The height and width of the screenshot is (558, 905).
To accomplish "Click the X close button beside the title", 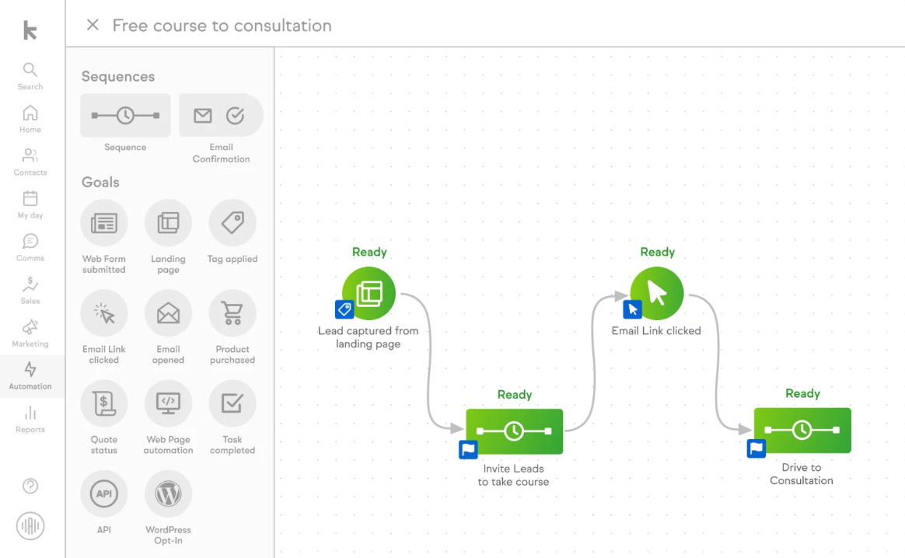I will click(93, 25).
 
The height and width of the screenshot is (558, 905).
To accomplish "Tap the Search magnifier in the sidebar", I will click(30, 71).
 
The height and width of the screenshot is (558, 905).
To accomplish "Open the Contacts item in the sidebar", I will click(30, 156).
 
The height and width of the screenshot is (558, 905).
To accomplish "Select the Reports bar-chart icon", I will click(30, 413).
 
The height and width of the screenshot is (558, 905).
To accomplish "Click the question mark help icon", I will click(30, 487).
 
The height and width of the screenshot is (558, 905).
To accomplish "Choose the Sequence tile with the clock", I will click(125, 116).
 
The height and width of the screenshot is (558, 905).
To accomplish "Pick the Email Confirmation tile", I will click(221, 116).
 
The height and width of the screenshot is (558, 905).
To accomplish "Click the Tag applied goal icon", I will click(232, 224).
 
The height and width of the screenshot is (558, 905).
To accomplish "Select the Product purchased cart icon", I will click(232, 313).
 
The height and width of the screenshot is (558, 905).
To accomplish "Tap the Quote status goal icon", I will click(104, 403).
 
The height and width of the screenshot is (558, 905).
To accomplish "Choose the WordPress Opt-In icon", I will click(168, 493).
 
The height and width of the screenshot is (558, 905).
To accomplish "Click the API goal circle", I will click(104, 493).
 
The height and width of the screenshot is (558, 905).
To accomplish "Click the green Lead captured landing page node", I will click(369, 293).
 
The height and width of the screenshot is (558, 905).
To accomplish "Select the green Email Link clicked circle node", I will click(657, 293).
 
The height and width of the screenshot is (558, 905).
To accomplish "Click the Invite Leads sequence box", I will click(514, 431).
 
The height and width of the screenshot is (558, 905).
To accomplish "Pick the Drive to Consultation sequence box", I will click(802, 430).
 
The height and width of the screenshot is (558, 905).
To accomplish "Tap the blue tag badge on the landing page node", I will click(344, 309).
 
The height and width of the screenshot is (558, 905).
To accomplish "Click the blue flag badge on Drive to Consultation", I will click(756, 448).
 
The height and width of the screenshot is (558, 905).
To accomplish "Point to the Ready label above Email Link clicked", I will click(657, 252).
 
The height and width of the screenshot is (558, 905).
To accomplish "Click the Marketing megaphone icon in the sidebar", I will click(30, 327).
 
